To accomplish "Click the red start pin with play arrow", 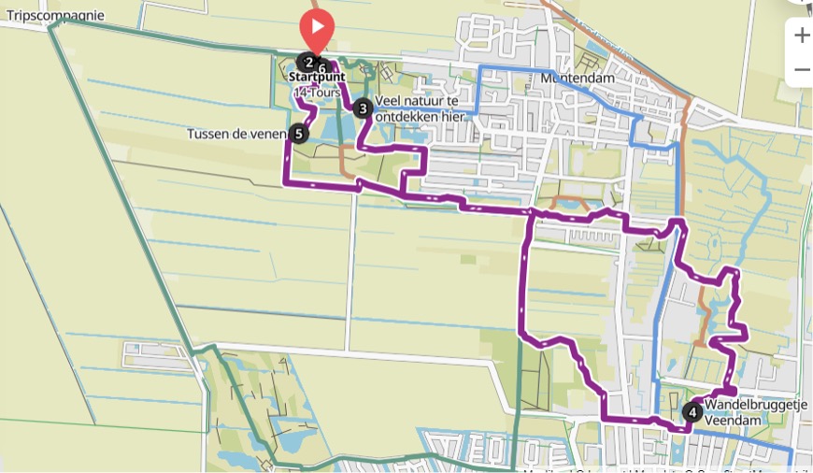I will tap(317, 28).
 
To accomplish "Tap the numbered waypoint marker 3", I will tap(363, 108).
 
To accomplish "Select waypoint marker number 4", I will tap(692, 411).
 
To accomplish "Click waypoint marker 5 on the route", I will tap(298, 134).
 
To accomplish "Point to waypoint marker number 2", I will tap(307, 64).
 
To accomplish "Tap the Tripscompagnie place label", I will tap(55, 15).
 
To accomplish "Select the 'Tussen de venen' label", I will tap(235, 134).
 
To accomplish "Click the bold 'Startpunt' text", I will tap(317, 77).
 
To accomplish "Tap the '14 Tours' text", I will tap(316, 93).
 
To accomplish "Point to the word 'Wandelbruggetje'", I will tap(755, 404).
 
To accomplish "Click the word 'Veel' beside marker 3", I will tap(388, 100).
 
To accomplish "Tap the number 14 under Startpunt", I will tap(300, 93).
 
